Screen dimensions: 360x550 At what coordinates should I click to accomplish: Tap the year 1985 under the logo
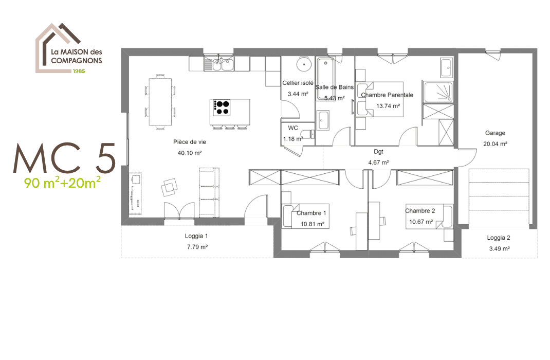coord(79,70)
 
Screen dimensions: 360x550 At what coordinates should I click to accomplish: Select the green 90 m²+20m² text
coord(62,182)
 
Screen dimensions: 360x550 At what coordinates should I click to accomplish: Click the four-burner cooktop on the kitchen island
coord(222,107)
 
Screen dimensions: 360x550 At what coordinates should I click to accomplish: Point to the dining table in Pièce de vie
coord(161,101)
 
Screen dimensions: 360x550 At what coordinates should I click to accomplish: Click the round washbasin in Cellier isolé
coord(304,65)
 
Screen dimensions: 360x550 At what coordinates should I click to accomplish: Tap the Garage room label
coord(495,133)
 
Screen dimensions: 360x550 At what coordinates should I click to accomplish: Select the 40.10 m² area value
coord(190,153)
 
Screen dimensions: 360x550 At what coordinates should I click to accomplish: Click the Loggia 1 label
coord(196,237)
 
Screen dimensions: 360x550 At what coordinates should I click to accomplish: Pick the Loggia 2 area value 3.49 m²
coord(499,248)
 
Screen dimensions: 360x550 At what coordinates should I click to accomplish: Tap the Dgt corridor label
coord(378,152)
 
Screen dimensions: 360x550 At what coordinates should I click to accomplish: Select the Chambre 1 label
coord(311,213)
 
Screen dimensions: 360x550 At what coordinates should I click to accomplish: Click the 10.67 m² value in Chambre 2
coord(420,222)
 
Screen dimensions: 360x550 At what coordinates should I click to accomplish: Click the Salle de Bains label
coord(334,87)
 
